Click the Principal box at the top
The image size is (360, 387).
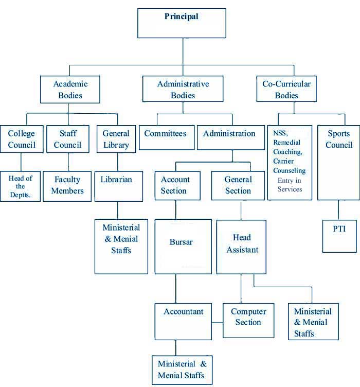[182, 23]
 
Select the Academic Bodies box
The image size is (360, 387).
[70, 89]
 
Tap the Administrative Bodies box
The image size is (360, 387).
[183, 89]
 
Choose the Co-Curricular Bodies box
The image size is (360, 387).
[286, 89]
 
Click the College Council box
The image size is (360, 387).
[21, 139]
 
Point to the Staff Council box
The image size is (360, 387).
[67, 139]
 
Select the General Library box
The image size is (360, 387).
[116, 139]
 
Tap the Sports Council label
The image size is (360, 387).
[339, 139]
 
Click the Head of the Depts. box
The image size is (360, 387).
[20, 186]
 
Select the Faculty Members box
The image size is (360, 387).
[67, 185]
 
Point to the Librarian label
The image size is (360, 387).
[116, 180]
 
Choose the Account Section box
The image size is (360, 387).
[175, 185]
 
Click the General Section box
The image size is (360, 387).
[238, 185]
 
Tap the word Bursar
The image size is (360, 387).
[181, 241]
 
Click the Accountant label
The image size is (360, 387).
[184, 311]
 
